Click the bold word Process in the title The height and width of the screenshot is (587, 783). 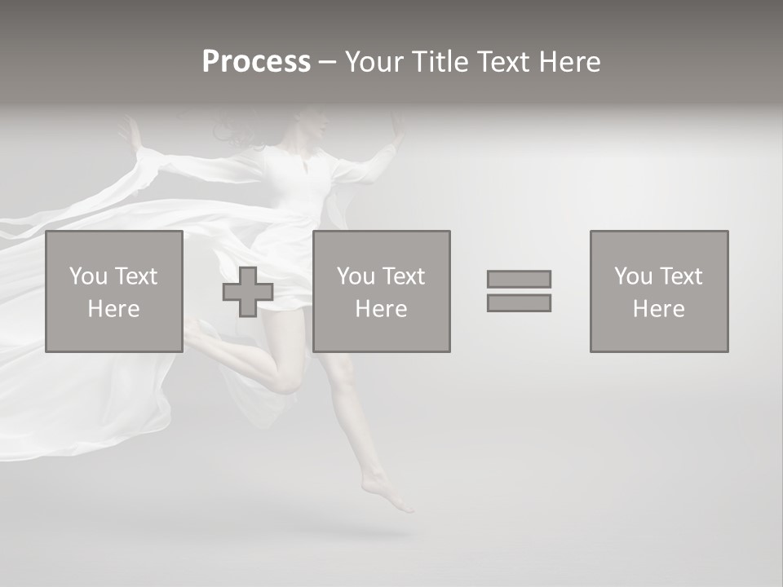[x=256, y=62]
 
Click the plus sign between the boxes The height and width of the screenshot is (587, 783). [x=248, y=292]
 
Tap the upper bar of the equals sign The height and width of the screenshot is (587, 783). [x=519, y=279]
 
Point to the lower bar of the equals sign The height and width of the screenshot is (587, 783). [x=519, y=302]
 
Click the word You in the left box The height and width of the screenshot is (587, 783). [x=88, y=276]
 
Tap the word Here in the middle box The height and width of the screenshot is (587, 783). [x=382, y=309]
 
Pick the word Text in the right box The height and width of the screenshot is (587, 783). [x=681, y=276]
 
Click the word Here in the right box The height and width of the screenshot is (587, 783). [x=659, y=309]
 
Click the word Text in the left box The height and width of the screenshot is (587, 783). [x=136, y=276]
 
